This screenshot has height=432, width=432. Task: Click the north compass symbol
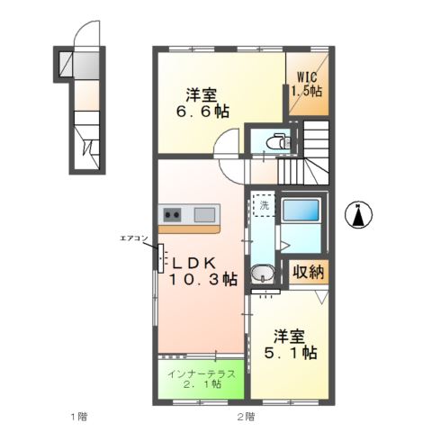click(360, 215)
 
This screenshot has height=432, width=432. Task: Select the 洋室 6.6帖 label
click(208, 103)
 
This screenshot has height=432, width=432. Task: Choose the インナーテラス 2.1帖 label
click(202, 379)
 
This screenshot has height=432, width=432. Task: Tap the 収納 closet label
click(307, 272)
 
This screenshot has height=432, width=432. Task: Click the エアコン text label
click(133, 238)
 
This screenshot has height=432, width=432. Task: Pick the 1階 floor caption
click(79, 417)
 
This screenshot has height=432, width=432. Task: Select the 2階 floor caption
click(246, 417)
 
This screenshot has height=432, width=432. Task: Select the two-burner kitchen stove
click(173, 214)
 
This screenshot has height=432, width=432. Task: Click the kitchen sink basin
click(204, 214)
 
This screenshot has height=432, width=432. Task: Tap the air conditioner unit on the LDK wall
click(159, 256)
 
